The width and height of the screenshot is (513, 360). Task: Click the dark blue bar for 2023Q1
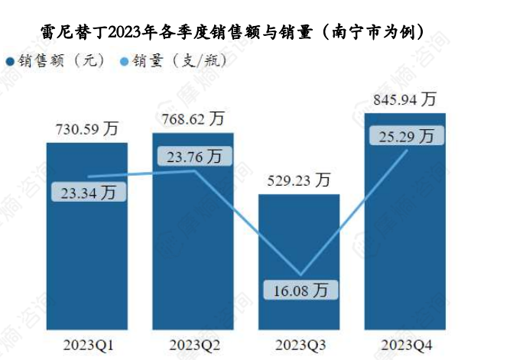(x=86, y=252)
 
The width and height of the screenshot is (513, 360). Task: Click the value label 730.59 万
(x=86, y=129)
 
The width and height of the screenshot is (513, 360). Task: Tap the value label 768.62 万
(x=193, y=119)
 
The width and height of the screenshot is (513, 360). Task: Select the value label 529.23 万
(x=299, y=180)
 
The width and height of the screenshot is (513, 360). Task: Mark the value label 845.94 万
(x=405, y=99)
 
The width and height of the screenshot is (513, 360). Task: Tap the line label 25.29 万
(x=405, y=137)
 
